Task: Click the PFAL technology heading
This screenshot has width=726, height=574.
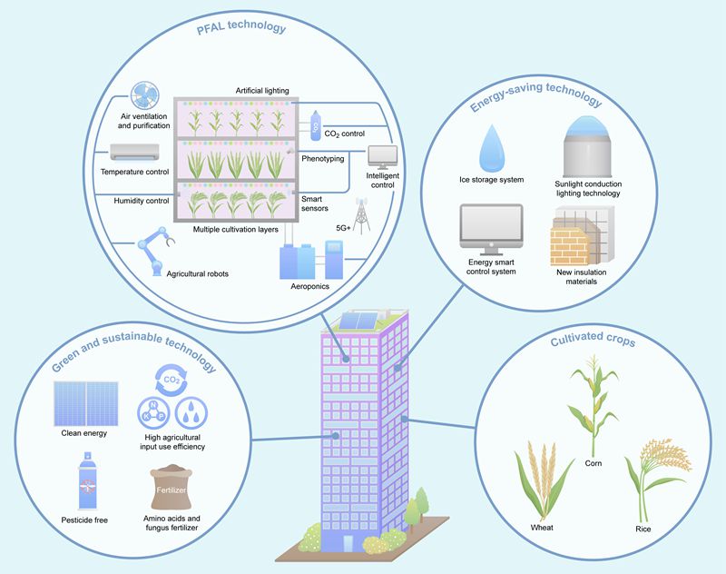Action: (x=241, y=28)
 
